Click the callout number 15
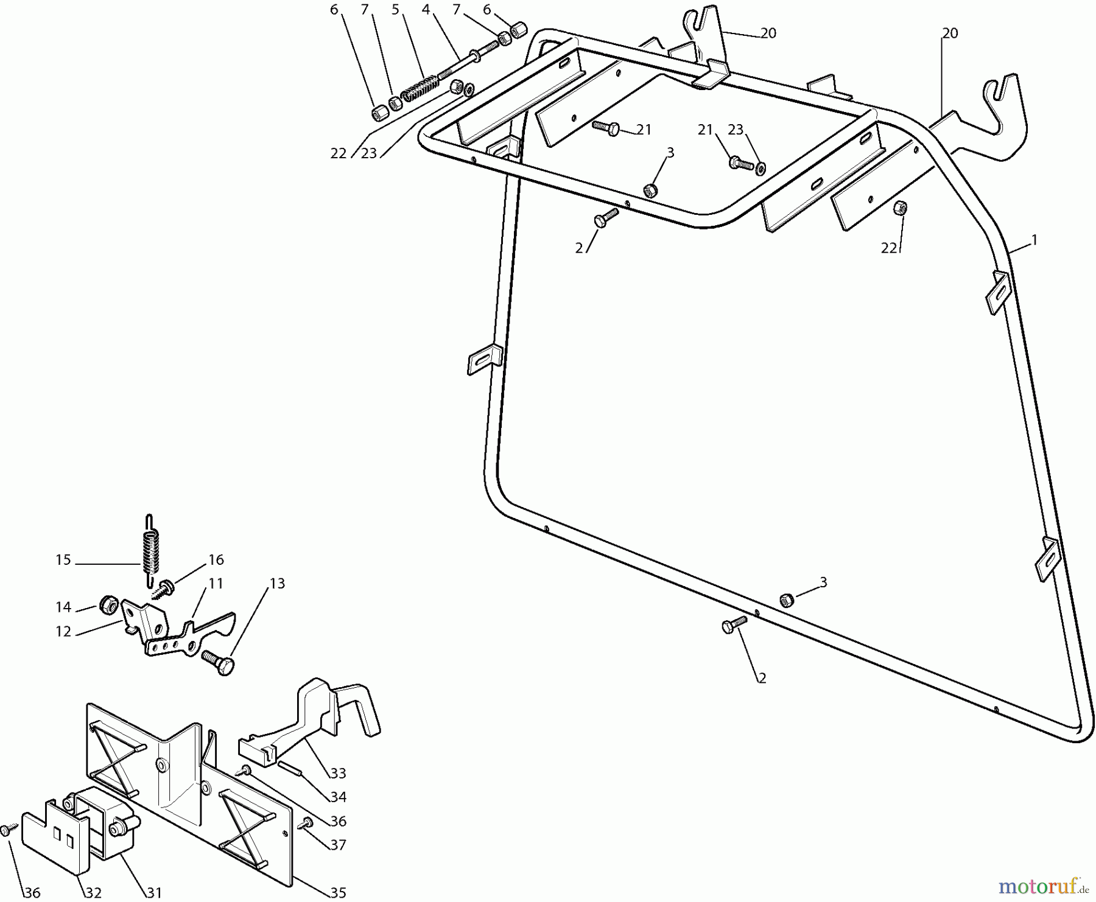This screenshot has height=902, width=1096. (63, 559)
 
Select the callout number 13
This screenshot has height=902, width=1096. (277, 583)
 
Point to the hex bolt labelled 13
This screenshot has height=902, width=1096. (220, 662)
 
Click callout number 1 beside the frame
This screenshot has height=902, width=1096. (1034, 240)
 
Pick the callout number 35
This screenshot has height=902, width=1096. (338, 893)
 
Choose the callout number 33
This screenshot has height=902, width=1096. (338, 773)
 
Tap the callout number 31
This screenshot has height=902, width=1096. (155, 893)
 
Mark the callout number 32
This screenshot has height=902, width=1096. (93, 893)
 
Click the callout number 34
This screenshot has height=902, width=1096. (338, 797)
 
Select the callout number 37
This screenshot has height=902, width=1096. (338, 845)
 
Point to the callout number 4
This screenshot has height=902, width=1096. (426, 10)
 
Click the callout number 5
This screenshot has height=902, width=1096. (396, 10)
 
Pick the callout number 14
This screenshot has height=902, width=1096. (63, 607)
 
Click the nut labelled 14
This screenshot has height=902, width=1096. (108, 604)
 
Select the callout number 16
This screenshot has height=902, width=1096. (216, 559)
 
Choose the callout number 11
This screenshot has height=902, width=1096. (216, 583)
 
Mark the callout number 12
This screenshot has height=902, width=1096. (63, 631)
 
